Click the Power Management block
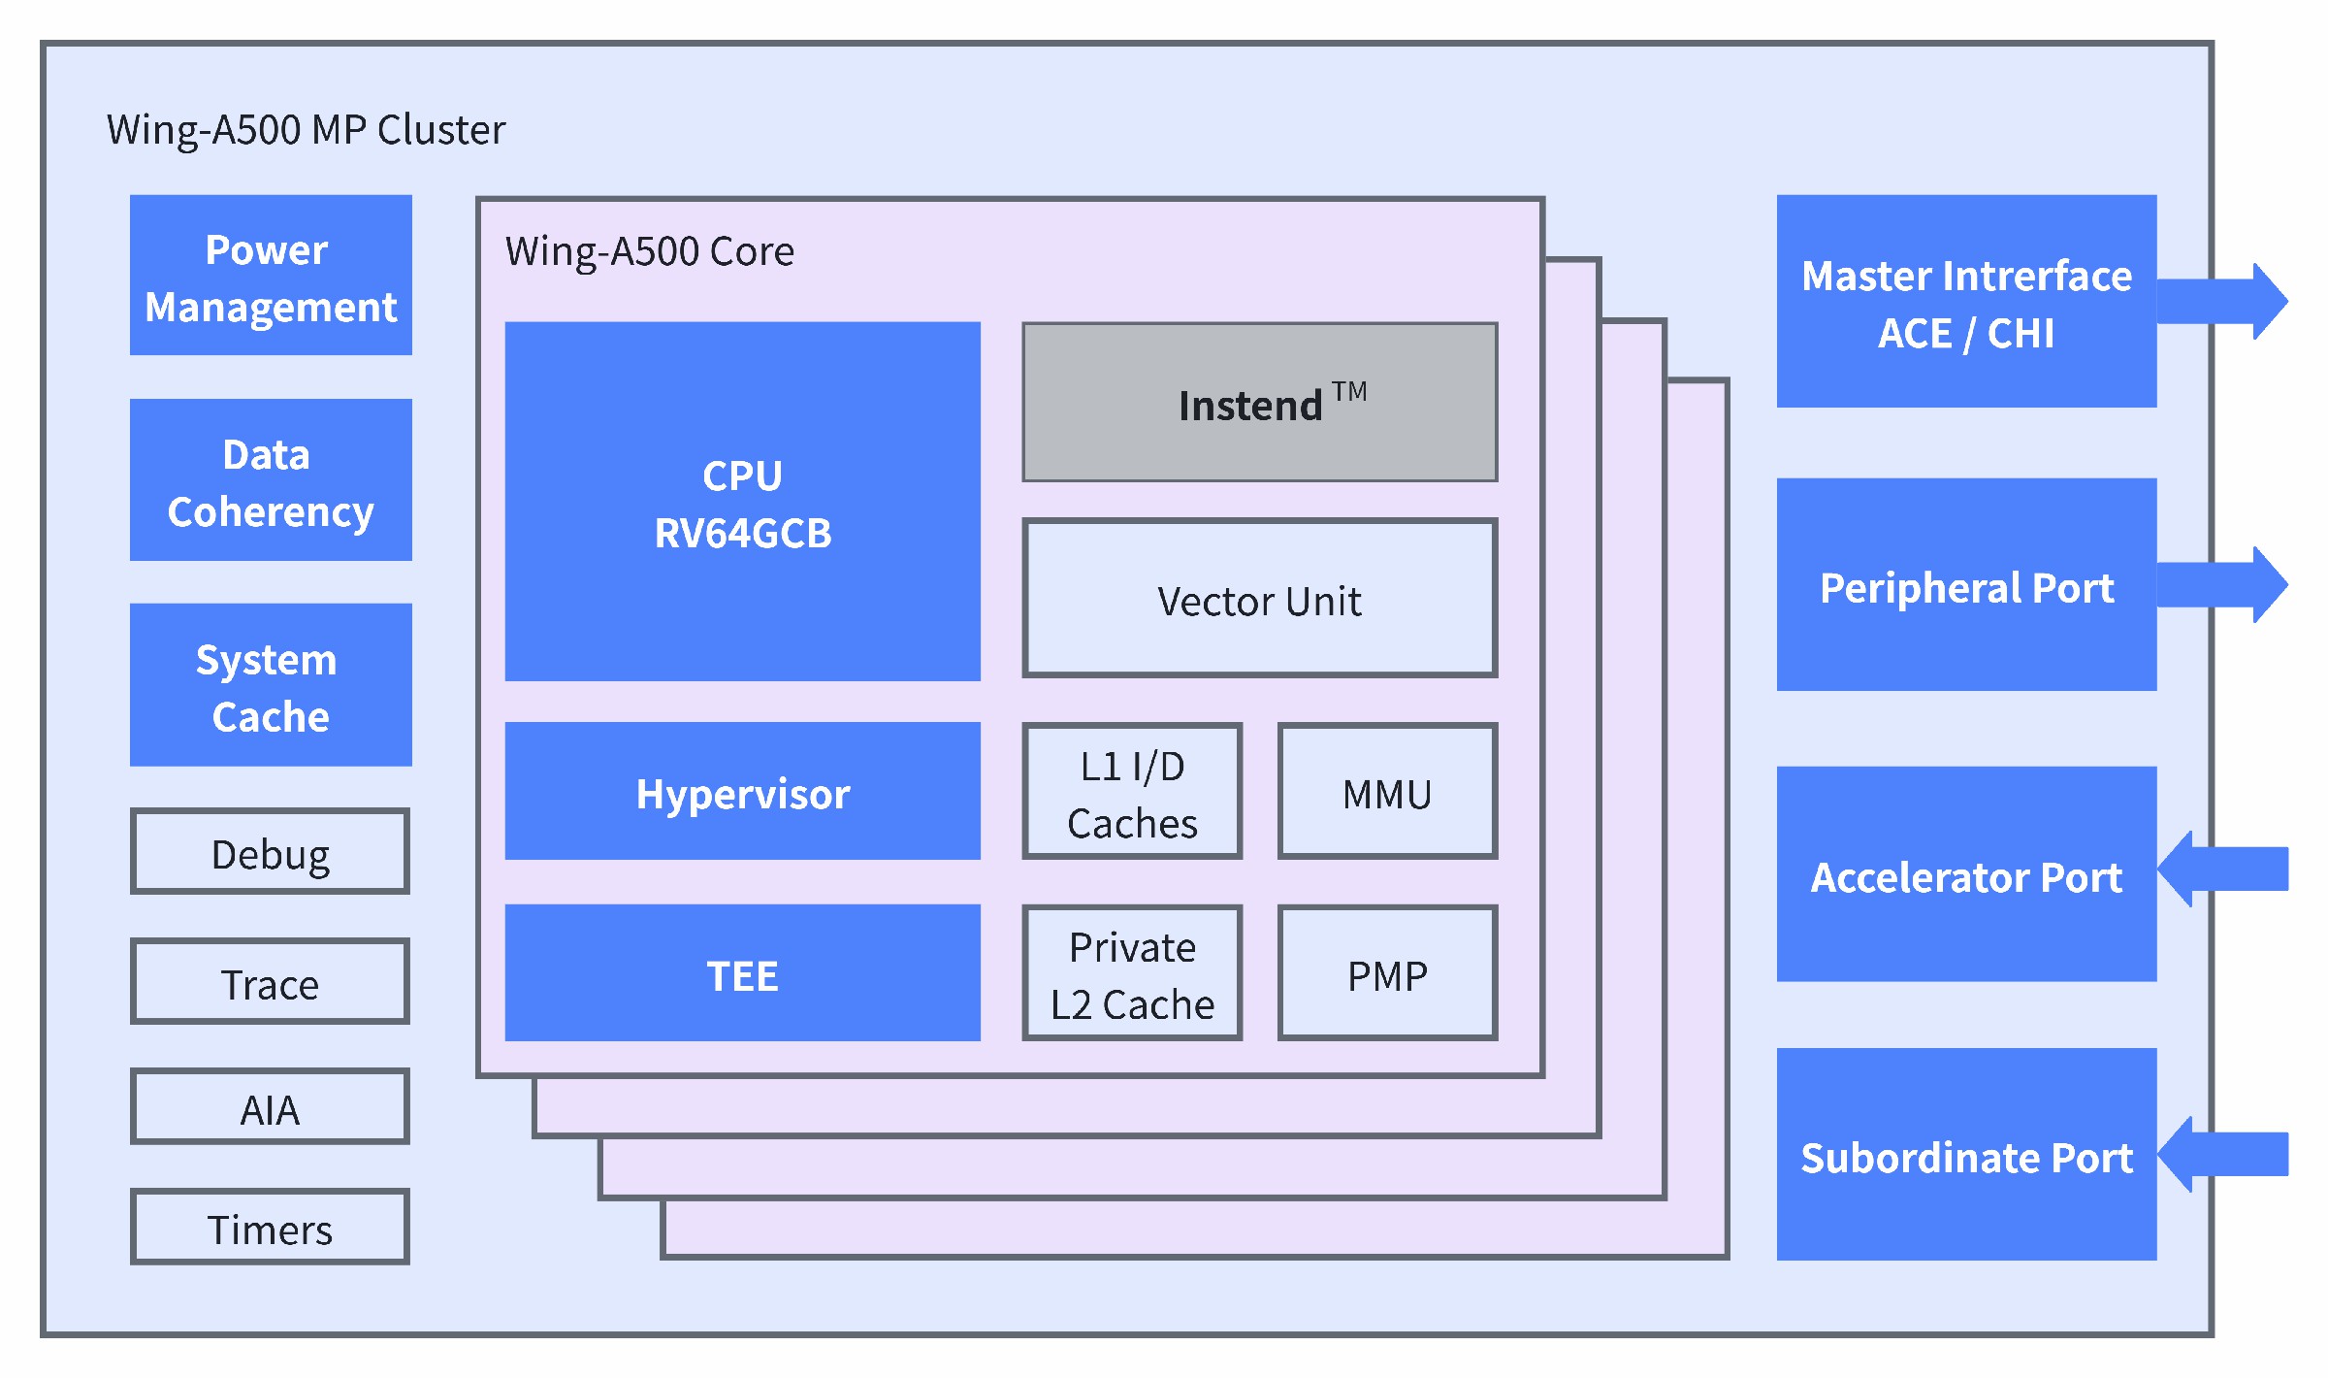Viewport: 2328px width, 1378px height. click(271, 275)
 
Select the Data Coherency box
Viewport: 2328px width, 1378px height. click(271, 479)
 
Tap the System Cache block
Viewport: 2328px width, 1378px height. click(271, 684)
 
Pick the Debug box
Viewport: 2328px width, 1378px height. click(271, 851)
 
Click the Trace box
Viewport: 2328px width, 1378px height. click(271, 981)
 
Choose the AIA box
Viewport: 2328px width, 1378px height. click(271, 1106)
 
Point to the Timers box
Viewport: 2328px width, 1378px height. click(271, 1227)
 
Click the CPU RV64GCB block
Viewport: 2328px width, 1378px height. click(742, 501)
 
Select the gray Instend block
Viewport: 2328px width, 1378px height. click(1260, 402)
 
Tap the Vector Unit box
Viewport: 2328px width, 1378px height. click(1260, 598)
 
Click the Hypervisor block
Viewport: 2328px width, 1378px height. click(742, 791)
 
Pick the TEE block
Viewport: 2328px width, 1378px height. click(742, 972)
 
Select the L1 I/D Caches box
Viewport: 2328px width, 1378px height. click(1132, 791)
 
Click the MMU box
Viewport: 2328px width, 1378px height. click(1387, 791)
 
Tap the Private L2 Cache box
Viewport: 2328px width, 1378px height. click(1132, 972)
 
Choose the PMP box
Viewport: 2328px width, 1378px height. click(1387, 972)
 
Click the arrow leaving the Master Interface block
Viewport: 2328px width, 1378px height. click(2222, 301)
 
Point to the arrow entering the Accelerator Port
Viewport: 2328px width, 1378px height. click(2222, 869)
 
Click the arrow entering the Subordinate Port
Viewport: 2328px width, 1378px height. click(2222, 1154)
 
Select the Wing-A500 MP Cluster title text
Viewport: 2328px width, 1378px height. click(306, 130)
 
